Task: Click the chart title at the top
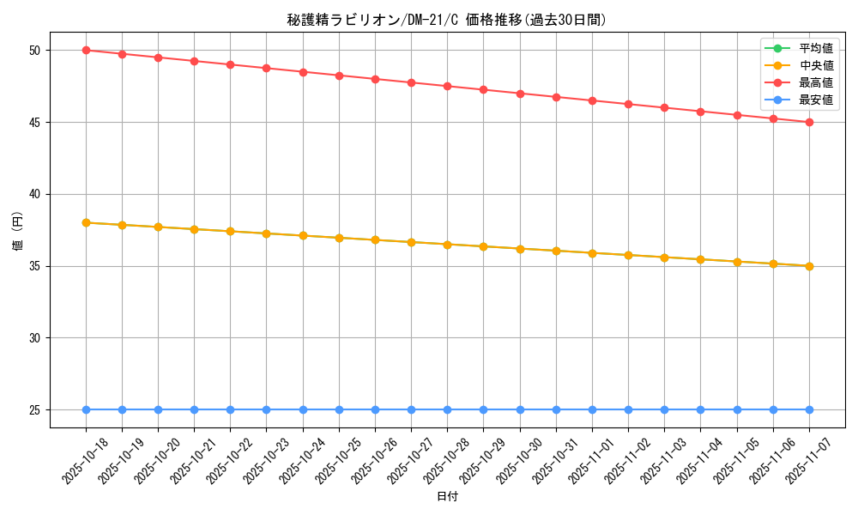coord(446,20)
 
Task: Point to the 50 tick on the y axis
coord(35,51)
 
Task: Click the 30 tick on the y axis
coord(35,338)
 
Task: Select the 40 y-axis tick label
coord(35,195)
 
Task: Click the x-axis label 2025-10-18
coord(85,461)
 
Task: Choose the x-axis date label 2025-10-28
coord(446,461)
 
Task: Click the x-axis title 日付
coord(447,497)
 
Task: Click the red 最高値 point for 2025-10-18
coord(86,51)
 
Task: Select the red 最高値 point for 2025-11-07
coord(809,122)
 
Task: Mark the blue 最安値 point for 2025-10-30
coord(520,409)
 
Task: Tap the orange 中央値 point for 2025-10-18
coord(86,222)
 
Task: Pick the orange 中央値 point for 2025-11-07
coord(809,266)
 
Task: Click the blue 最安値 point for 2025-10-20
coord(158,409)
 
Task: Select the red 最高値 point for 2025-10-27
coord(411,82)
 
